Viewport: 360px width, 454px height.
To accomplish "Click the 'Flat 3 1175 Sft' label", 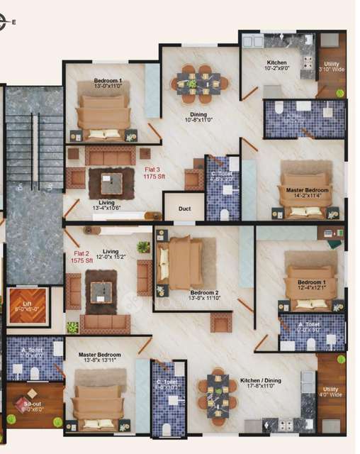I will coord(154,173).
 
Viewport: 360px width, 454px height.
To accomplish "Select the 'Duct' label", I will coord(184,209).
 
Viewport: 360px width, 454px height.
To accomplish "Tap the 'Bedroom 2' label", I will coord(204,295).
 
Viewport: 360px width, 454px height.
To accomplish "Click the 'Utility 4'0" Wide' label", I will coord(331,392).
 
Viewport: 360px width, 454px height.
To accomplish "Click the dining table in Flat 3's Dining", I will coord(198,82).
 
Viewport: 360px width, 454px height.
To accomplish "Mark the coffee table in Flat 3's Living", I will coord(111,183).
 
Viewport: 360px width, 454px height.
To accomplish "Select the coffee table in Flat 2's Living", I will coord(101,291).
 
